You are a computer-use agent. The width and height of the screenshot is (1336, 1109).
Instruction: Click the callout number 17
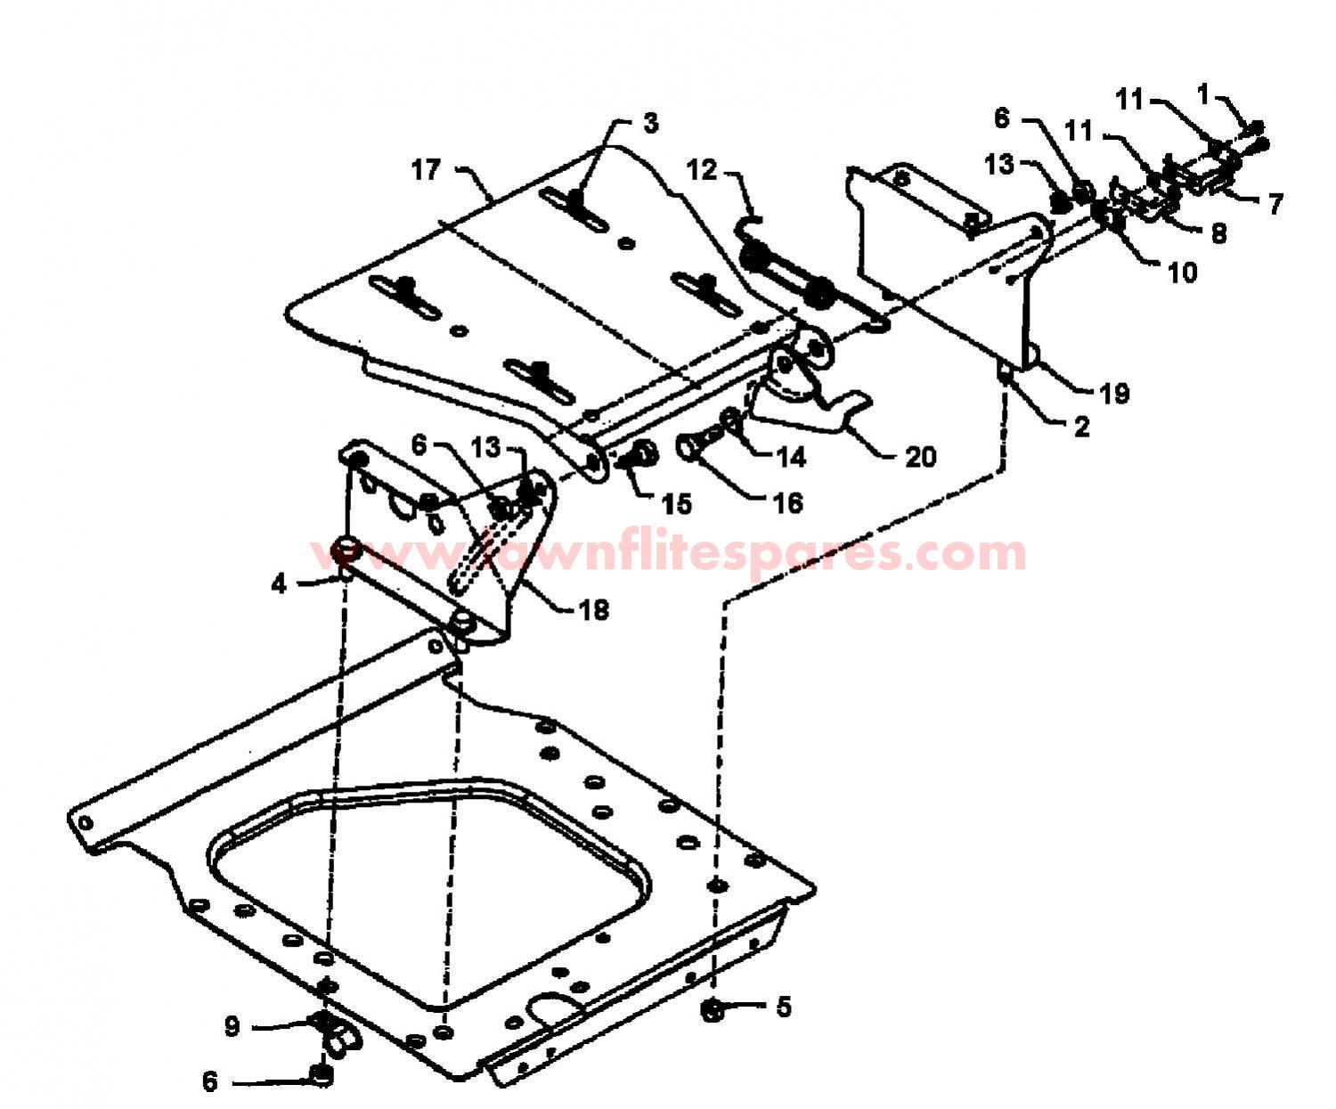point(426,170)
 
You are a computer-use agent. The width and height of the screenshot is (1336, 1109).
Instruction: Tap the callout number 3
point(650,124)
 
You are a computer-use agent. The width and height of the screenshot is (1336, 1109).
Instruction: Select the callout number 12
point(702,171)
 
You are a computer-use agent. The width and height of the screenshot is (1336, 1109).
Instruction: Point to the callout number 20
point(921,457)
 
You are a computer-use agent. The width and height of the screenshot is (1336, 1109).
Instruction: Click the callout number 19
point(1114,394)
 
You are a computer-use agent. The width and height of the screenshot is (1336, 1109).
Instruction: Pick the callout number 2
point(1081,427)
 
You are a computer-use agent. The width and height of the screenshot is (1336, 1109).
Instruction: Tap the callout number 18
point(593,610)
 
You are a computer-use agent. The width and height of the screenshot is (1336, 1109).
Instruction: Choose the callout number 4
point(279,583)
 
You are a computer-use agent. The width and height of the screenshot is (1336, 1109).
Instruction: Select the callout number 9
point(232,1026)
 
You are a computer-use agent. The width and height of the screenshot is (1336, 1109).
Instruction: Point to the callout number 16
point(787,504)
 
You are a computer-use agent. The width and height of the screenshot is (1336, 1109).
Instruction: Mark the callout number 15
point(677,504)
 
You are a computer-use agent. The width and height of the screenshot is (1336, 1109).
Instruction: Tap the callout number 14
point(791,457)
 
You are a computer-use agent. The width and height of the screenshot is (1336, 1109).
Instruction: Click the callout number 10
point(1183,273)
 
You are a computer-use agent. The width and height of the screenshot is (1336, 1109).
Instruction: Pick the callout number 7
point(1275,204)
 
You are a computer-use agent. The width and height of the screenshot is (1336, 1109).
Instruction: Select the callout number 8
point(1219,233)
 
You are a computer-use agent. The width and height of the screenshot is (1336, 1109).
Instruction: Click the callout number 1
point(1203,95)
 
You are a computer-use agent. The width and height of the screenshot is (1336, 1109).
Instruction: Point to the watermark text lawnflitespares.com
point(669,554)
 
